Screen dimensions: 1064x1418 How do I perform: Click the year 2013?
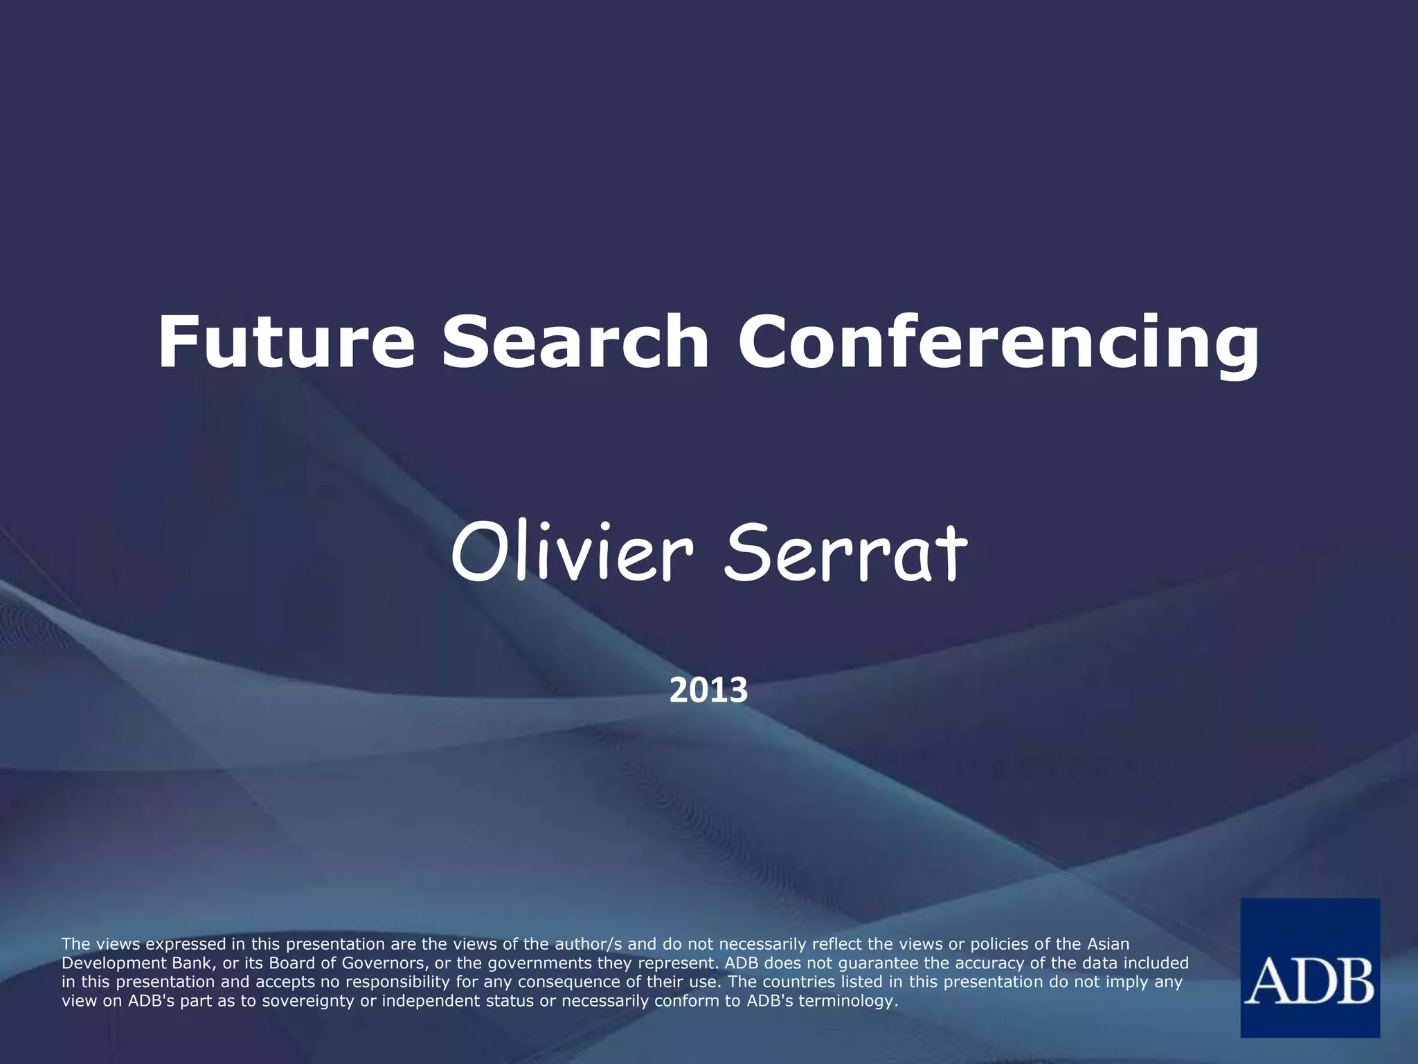point(708,691)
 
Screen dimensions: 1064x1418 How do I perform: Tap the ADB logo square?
point(1309,968)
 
